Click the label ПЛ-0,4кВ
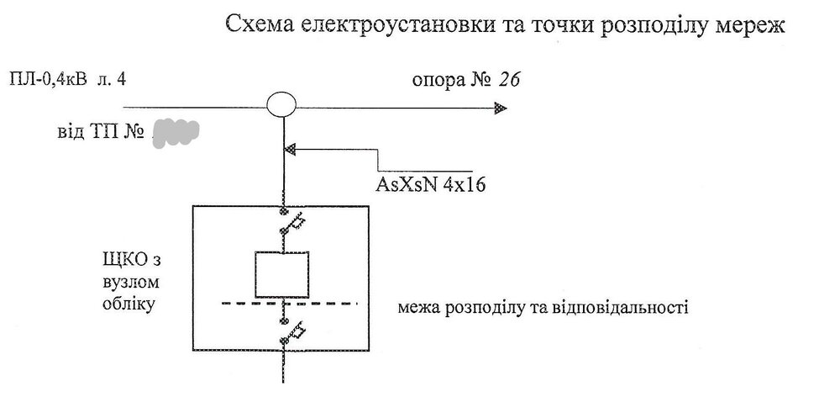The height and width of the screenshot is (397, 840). pyautogui.click(x=46, y=81)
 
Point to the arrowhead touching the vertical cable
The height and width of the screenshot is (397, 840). pyautogui.click(x=291, y=150)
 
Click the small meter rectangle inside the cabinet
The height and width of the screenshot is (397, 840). pyautogui.click(x=283, y=273)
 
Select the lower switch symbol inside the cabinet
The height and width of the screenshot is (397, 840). pyautogui.click(x=289, y=334)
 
